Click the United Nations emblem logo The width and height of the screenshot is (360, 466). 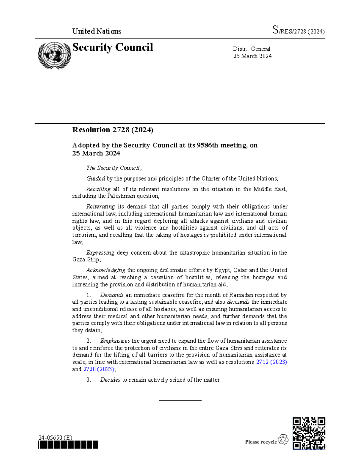54,56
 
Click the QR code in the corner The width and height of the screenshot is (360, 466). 309,433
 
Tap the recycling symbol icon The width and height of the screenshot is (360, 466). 283,440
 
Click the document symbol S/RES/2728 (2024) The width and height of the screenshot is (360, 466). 298,31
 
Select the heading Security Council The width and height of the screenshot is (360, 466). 112,47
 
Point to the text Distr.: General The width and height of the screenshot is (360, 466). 251,49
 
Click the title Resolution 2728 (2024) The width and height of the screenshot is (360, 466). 112,130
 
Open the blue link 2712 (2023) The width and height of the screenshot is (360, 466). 271,362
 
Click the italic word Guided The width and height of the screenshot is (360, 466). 96,179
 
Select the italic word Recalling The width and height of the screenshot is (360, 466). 98,189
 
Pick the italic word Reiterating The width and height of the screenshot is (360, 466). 100,207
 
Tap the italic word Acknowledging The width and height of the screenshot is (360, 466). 106,270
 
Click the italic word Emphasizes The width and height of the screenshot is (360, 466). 115,341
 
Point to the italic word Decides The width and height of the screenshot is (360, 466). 110,380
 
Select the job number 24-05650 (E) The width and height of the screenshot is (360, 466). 55,437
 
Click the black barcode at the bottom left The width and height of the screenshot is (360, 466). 68,445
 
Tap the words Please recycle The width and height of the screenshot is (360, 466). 261,442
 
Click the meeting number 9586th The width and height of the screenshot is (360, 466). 207,145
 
